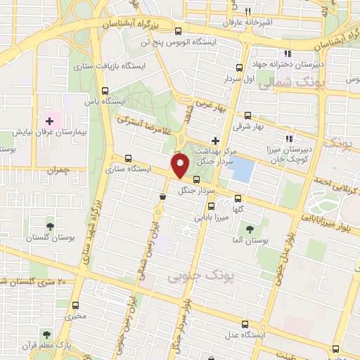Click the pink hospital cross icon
click(49, 121)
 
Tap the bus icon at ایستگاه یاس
click(105, 91)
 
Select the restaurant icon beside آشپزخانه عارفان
click(246, 11)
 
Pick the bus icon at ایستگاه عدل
click(245, 324)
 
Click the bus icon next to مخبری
click(76, 305)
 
